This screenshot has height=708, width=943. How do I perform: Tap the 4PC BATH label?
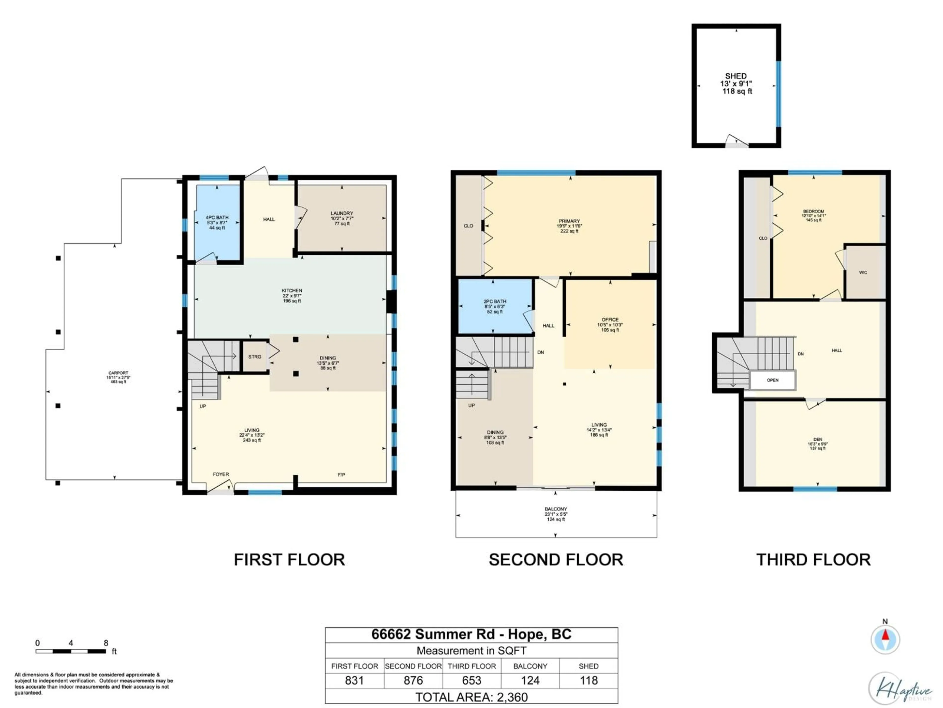(217, 218)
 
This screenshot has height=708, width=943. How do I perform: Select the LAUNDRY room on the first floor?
(342, 218)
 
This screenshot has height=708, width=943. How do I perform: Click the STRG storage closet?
(255, 357)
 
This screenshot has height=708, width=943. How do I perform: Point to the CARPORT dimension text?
(118, 378)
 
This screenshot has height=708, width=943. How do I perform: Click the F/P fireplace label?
(342, 474)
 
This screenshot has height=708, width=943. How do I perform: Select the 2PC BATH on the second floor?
(495, 306)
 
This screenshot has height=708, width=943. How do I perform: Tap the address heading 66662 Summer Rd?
(471, 634)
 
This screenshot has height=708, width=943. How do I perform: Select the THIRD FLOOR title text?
(813, 560)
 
